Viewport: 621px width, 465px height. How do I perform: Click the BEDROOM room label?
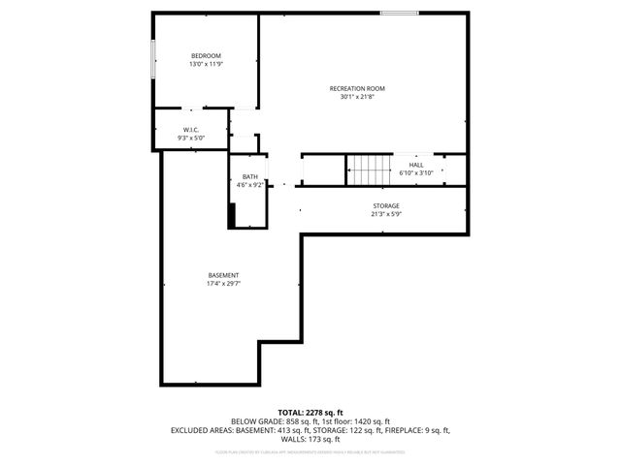tap(206, 55)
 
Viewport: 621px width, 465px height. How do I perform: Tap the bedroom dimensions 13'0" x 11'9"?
tap(206, 64)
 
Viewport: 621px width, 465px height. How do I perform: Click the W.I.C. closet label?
tap(191, 130)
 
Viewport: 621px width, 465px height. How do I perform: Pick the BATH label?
tap(250, 176)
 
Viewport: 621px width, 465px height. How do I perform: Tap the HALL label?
tap(416, 165)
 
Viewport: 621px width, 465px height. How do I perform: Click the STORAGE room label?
tap(386, 206)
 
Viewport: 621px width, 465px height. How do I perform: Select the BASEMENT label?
tap(223, 275)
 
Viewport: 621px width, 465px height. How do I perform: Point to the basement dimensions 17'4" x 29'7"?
tap(223, 284)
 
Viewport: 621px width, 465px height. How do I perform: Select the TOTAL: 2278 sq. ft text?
tap(310, 413)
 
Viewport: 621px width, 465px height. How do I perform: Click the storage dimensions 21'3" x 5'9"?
tap(386, 215)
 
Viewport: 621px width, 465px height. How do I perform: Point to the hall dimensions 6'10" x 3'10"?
tap(416, 173)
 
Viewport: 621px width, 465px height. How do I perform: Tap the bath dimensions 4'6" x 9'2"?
tap(250, 185)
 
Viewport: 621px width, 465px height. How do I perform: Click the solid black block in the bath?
tap(231, 215)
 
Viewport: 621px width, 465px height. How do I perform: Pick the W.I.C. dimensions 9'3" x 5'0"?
tap(191, 139)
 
